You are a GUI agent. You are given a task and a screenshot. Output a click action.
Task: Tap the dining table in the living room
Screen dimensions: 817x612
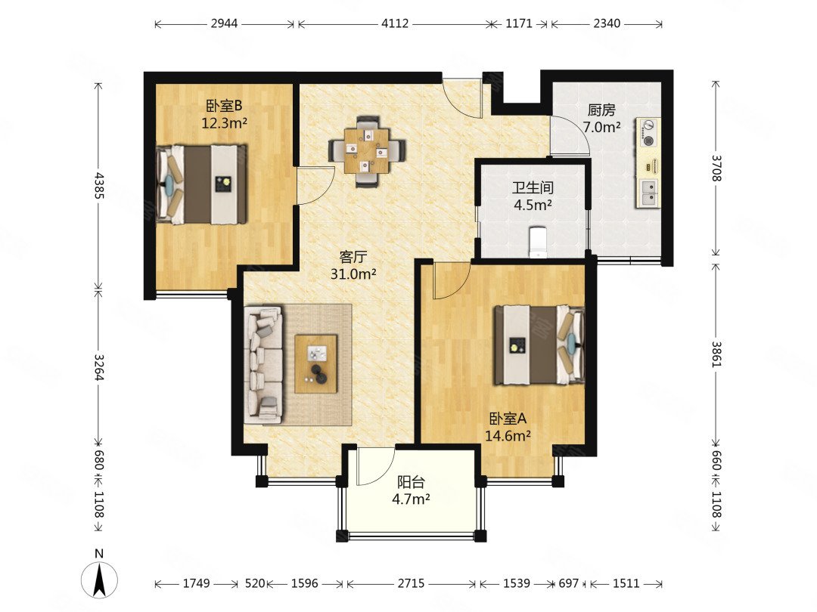click(x=366, y=151)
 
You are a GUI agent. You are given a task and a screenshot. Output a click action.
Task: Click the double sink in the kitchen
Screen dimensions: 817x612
click(x=649, y=193)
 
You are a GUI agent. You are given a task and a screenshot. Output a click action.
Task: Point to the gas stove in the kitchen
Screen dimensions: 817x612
click(x=649, y=133)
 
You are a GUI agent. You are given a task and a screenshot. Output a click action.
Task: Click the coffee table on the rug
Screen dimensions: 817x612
click(x=315, y=363)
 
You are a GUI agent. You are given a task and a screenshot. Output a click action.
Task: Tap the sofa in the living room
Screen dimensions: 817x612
click(x=263, y=364)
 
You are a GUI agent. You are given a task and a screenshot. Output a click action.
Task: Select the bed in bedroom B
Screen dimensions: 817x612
click(x=202, y=184)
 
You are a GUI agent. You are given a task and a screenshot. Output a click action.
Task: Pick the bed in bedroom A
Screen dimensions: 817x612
click(x=539, y=345)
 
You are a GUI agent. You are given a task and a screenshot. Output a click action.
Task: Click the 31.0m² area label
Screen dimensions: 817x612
click(x=353, y=274)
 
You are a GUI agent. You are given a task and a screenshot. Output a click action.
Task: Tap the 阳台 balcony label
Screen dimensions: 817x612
click(x=411, y=482)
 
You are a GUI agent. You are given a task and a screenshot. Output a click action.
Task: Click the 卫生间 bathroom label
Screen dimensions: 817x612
click(x=533, y=187)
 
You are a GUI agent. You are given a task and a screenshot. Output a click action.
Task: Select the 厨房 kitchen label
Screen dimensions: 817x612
click(x=601, y=110)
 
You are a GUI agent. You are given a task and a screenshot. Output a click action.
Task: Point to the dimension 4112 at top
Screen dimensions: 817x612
click(x=395, y=23)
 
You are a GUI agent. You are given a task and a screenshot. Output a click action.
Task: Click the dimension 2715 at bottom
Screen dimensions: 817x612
click(x=411, y=583)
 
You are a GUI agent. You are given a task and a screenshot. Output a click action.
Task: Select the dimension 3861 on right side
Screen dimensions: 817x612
click(x=716, y=354)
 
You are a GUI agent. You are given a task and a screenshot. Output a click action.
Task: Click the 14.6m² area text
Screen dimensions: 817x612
click(x=508, y=436)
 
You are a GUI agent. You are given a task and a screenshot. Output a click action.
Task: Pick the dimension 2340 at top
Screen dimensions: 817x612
click(x=607, y=23)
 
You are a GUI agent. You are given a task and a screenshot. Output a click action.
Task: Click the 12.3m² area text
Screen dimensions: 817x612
click(x=225, y=123)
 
